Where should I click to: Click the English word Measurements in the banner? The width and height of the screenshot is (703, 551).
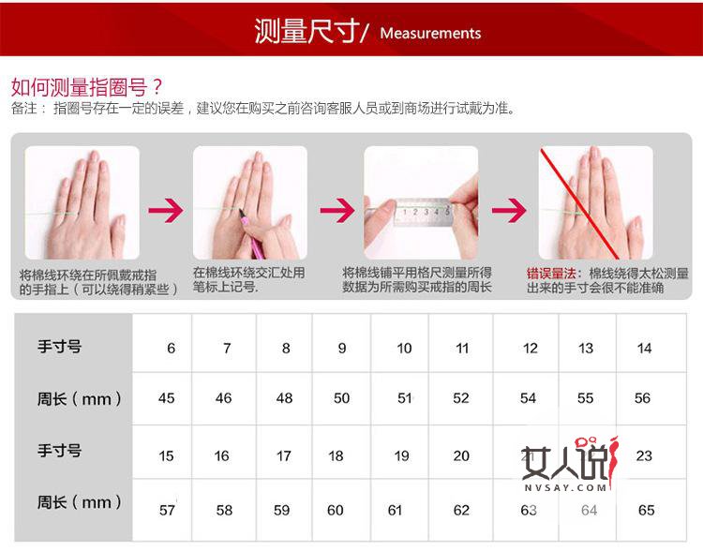click(x=430, y=33)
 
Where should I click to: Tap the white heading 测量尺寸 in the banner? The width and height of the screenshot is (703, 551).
click(x=307, y=31)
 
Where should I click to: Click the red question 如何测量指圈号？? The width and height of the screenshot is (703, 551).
click(x=87, y=87)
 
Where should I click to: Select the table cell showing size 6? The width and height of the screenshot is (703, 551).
click(x=171, y=349)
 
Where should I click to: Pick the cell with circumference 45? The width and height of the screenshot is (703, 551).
click(x=167, y=398)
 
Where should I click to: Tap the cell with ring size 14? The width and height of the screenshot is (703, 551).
click(x=644, y=349)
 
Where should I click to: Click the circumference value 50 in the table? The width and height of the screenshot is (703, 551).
click(x=341, y=398)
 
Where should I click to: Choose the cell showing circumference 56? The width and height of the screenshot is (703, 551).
click(x=642, y=398)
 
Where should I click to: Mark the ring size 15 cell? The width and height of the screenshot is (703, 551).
click(x=167, y=456)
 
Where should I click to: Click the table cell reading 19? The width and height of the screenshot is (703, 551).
click(x=401, y=456)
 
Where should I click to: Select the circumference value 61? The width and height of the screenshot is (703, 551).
click(x=395, y=511)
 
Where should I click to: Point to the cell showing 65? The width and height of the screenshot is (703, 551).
click(x=646, y=511)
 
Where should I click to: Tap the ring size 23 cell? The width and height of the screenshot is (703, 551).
click(x=644, y=456)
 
